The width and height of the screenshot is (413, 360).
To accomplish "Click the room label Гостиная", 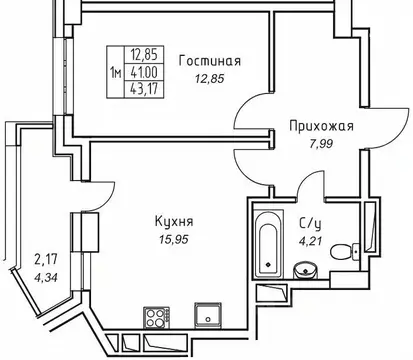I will coord(210,60).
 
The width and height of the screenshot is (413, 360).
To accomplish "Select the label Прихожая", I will coord(320,127).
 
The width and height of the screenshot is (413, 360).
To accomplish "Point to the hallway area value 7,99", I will coord(320,147).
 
